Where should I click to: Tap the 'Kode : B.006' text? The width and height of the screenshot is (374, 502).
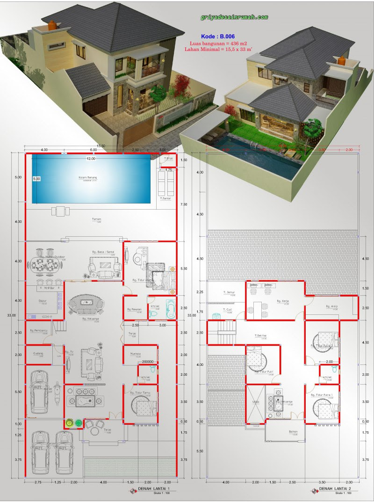click(x=217, y=36)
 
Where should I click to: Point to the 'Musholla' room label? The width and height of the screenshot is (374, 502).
click(x=135, y=354)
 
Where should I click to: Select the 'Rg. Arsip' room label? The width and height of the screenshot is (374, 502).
click(x=331, y=306)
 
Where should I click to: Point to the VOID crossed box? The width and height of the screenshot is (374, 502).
click(x=256, y=402)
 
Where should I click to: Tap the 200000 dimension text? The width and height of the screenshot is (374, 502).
click(x=148, y=362)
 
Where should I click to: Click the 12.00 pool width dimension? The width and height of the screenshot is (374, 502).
click(x=90, y=159)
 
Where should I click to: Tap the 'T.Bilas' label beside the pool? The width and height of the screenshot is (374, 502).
click(x=168, y=159)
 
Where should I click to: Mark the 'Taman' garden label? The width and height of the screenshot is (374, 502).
click(x=96, y=218)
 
